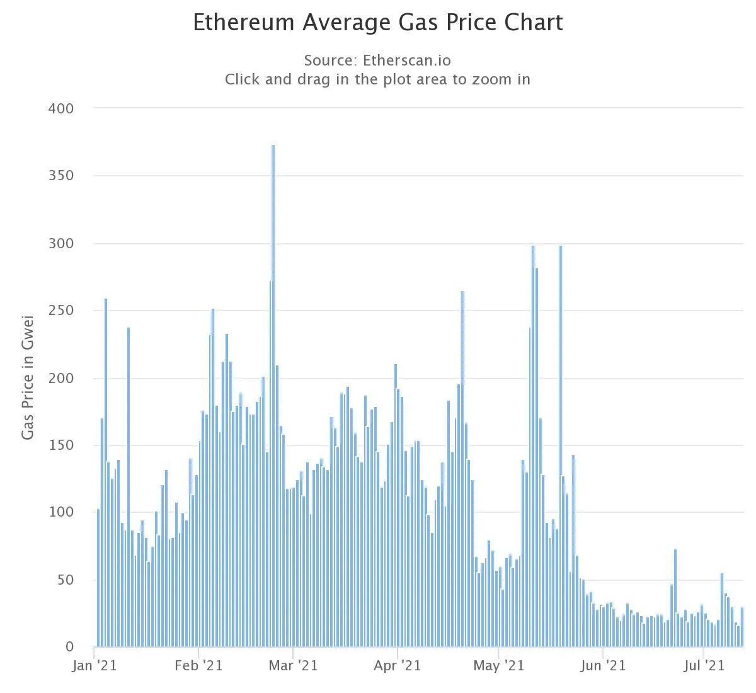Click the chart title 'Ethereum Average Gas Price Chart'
click(377, 23)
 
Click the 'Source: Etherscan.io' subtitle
click(377, 60)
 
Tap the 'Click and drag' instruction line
click(377, 80)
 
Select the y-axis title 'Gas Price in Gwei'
click(28, 378)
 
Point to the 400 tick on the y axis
click(61, 108)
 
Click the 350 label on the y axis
click(61, 176)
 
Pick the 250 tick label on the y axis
click(61, 311)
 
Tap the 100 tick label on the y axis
click(61, 512)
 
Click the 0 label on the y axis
click(70, 647)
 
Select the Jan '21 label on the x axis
click(94, 666)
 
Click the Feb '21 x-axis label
click(198, 666)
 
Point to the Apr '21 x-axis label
click(397, 666)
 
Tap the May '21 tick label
click(498, 666)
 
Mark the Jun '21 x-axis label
click(602, 666)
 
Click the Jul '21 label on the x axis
click(704, 666)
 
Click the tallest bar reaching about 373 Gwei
click(273, 397)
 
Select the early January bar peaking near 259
click(106, 472)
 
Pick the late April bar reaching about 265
click(462, 469)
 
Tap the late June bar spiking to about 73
click(675, 598)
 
